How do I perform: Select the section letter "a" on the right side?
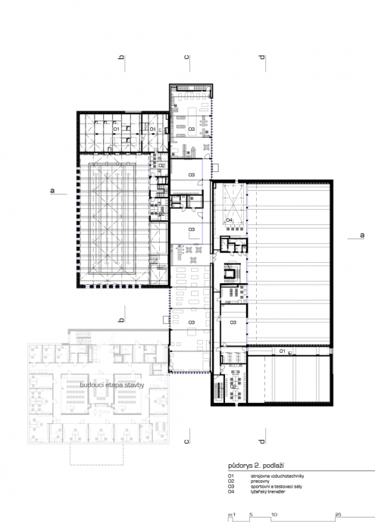pos(361,235)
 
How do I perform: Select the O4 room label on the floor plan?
pos(230,220)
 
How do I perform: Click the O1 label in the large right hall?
pos(282,352)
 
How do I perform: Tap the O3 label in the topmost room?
pos(192,129)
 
